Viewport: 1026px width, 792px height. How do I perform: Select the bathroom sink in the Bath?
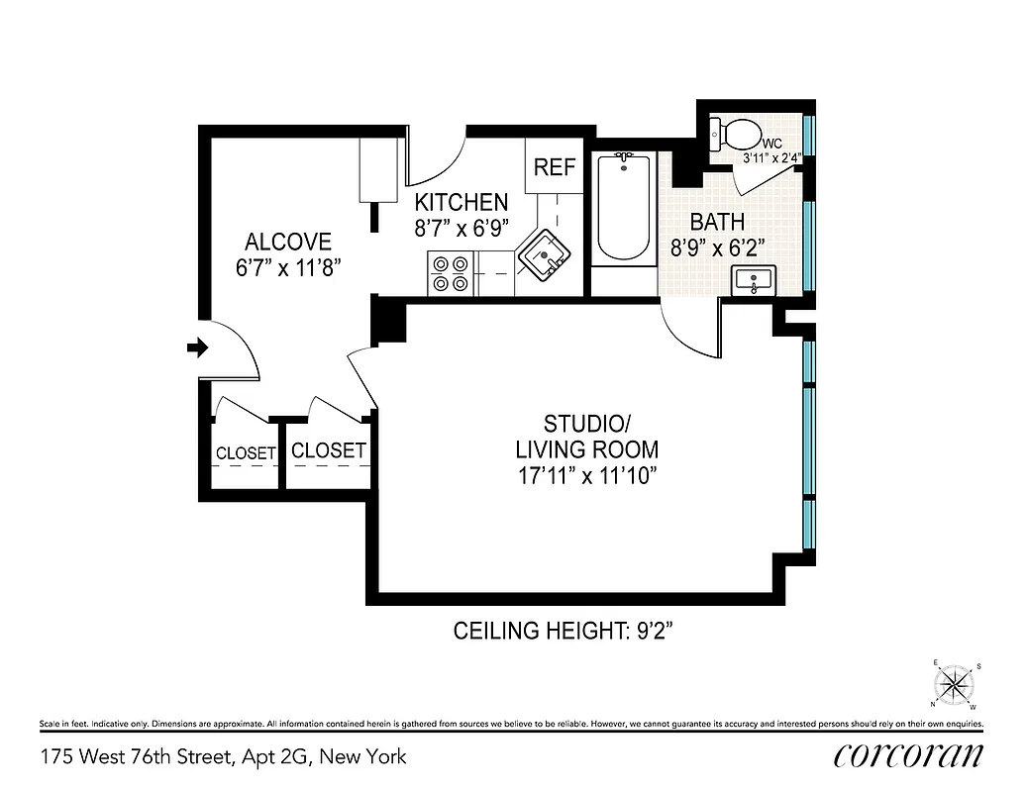755,280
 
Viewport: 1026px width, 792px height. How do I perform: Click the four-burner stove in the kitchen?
450,273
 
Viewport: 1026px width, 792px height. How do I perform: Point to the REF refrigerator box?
554,166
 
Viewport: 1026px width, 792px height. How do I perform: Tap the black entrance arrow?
197,347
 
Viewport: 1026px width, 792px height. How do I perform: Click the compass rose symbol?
955,684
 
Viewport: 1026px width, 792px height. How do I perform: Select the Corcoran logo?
908,755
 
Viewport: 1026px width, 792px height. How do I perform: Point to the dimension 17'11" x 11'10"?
586,474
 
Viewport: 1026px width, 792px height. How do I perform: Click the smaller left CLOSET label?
246,453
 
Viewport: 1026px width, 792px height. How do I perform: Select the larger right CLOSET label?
329,450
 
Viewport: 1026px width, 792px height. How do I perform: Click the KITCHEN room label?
461,202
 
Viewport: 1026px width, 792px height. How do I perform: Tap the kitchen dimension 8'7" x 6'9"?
461,228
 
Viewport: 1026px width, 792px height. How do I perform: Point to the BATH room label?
717,222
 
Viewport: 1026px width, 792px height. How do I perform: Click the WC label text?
773,143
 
